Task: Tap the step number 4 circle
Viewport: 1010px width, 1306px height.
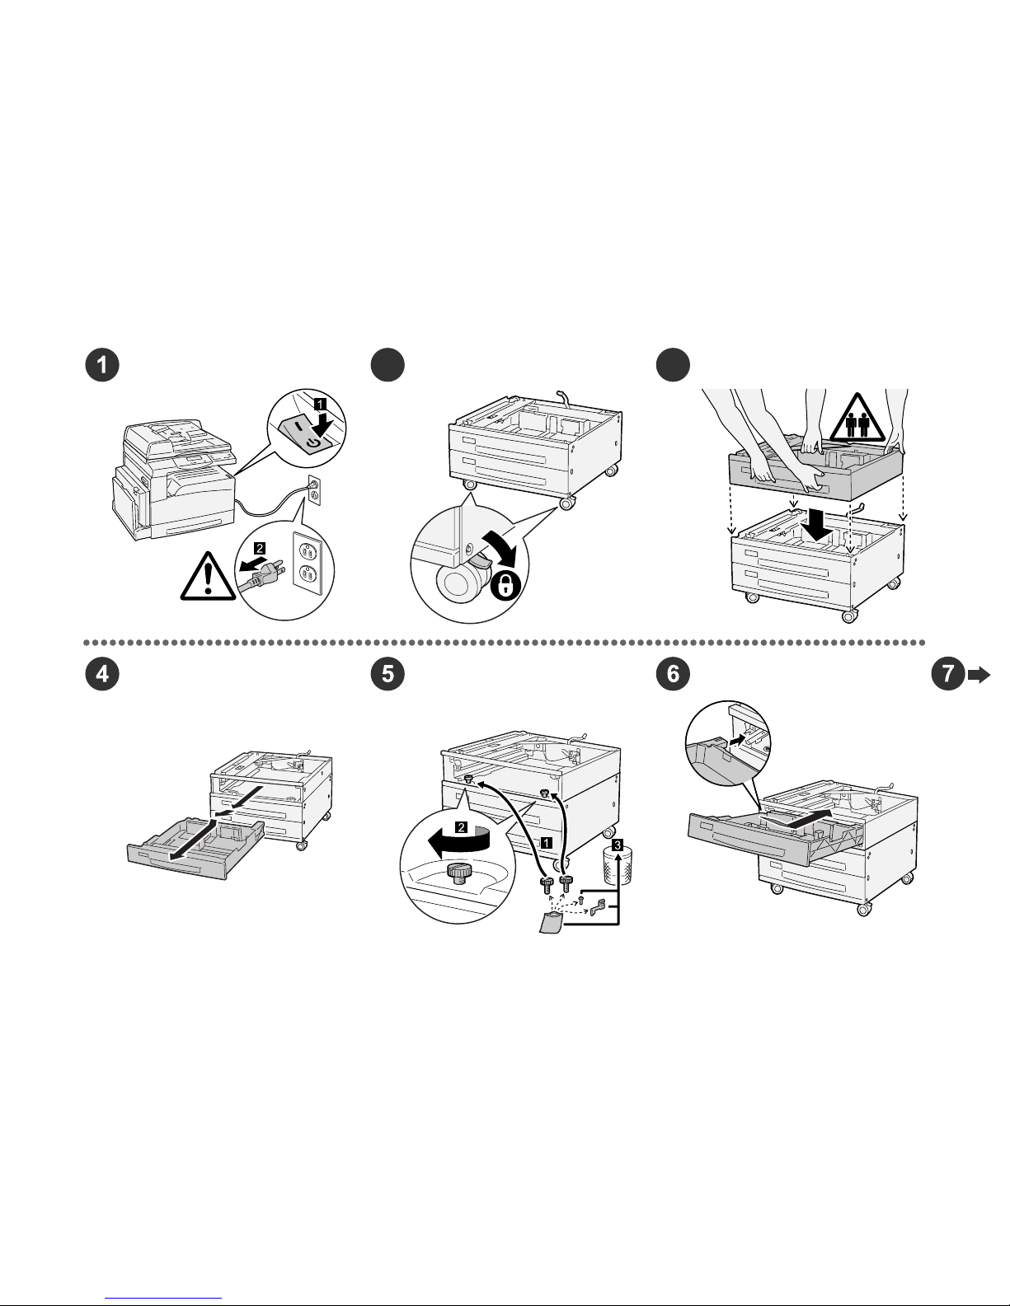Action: point(103,674)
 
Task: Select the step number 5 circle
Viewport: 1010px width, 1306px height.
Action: point(388,674)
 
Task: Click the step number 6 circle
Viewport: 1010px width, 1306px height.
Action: point(673,674)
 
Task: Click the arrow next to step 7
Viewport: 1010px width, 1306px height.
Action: point(979,675)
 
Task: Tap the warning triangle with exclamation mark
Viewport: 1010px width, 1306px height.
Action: point(209,573)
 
